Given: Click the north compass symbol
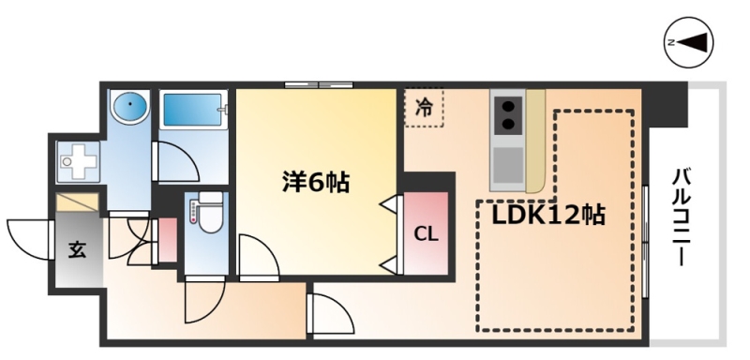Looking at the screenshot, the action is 689,42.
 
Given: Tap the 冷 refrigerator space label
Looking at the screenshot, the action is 424,108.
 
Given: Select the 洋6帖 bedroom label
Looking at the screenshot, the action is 316,182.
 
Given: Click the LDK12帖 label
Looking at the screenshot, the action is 548,216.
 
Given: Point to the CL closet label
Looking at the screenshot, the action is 426,234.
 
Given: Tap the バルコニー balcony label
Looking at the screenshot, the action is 682,217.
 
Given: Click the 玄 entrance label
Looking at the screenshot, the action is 77,249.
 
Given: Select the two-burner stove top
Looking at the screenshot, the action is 507,115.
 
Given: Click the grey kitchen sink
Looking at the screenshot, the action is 507,164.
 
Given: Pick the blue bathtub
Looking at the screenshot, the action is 193,110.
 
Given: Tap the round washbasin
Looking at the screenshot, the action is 129,105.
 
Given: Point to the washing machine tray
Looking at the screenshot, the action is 78,161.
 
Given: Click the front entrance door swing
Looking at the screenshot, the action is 29,239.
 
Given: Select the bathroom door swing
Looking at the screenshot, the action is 177,162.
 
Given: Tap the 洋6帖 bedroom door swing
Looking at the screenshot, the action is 259,256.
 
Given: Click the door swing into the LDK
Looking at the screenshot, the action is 332,314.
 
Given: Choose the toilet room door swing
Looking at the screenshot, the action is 204,301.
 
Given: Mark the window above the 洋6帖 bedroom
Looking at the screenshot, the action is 319,85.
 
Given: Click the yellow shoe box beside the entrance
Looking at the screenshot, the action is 77,202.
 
